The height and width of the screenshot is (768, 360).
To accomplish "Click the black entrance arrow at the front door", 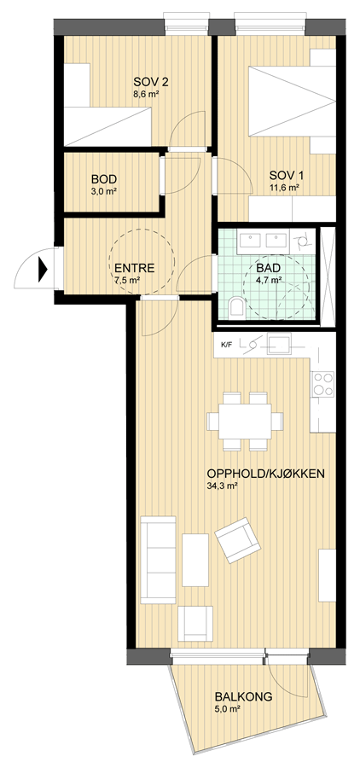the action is coord(43,269).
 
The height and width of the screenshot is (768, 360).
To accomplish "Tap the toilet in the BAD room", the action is coord(237,307).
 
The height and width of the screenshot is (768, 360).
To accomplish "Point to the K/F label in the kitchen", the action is coord(226,345).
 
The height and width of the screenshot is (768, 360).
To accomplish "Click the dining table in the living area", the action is coord(245,422).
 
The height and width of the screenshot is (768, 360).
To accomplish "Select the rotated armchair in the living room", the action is coord(237,540).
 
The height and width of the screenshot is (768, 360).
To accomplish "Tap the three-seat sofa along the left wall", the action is coord(158,559).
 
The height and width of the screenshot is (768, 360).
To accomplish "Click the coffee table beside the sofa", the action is coord(195,560).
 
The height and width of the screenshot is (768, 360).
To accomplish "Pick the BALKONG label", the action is coord(243,697).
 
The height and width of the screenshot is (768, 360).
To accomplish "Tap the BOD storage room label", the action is coord(104,179).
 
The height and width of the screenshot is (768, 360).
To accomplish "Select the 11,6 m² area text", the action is coord(284,187).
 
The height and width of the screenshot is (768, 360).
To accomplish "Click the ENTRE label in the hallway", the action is coord(134,268).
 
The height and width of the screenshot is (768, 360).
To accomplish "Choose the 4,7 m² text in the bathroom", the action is coord(269,280).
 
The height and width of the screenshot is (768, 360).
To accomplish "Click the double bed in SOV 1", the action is coord(292,102).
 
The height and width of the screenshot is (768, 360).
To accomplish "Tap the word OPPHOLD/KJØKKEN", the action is coord(266,474).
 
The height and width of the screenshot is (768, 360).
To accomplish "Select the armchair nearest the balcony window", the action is coord(195,624).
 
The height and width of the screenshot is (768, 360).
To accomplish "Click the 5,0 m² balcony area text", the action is coord(227,709).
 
